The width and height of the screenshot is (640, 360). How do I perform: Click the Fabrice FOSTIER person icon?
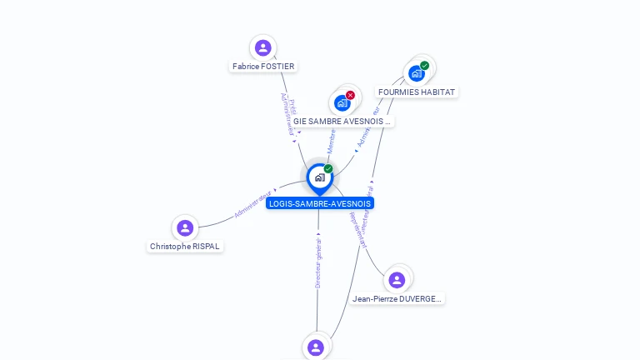[262, 47]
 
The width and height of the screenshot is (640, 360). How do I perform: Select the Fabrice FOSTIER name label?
[263, 67]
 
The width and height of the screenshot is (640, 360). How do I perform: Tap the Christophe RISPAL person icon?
[185, 227]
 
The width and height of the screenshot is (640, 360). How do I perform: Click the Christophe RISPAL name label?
[185, 247]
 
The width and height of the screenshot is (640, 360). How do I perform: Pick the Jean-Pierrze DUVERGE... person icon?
[397, 279]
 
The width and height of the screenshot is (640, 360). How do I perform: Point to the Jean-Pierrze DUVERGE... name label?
[397, 298]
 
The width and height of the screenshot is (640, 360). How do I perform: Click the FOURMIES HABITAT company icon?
[416, 73]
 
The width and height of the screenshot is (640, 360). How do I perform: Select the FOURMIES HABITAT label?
[417, 92]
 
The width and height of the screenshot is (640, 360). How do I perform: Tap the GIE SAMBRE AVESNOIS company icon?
[341, 103]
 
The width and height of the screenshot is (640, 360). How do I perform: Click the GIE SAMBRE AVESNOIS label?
[342, 121]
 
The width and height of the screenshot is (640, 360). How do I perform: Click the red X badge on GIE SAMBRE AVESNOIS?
[350, 95]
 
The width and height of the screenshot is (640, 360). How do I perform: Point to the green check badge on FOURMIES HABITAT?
[424, 66]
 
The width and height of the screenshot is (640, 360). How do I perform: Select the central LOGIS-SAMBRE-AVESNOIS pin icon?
[319, 177]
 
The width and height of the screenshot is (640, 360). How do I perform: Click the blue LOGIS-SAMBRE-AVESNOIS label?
[320, 203]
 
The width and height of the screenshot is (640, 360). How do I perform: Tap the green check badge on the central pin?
[328, 169]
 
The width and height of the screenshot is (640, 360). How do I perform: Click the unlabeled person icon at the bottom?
[315, 347]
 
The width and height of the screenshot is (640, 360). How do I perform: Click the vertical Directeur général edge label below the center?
[318, 263]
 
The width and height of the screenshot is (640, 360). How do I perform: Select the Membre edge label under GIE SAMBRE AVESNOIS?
[331, 141]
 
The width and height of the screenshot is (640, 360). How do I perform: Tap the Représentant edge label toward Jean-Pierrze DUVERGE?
[357, 230]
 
